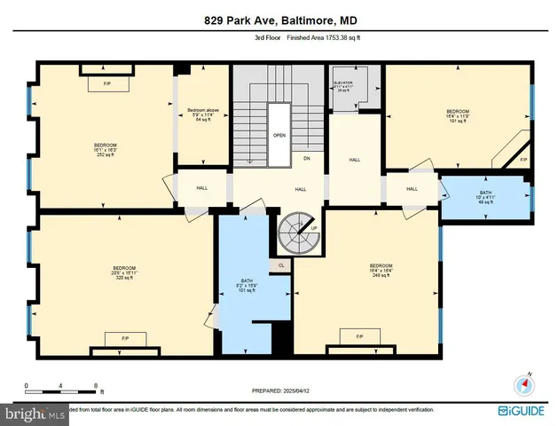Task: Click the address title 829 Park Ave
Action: click(x=279, y=20)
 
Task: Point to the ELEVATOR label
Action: click(x=343, y=84)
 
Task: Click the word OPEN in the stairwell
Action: click(x=279, y=136)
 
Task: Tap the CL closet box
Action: click(x=281, y=264)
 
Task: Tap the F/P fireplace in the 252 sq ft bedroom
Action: click(x=106, y=84)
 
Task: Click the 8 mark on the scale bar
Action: click(x=96, y=385)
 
